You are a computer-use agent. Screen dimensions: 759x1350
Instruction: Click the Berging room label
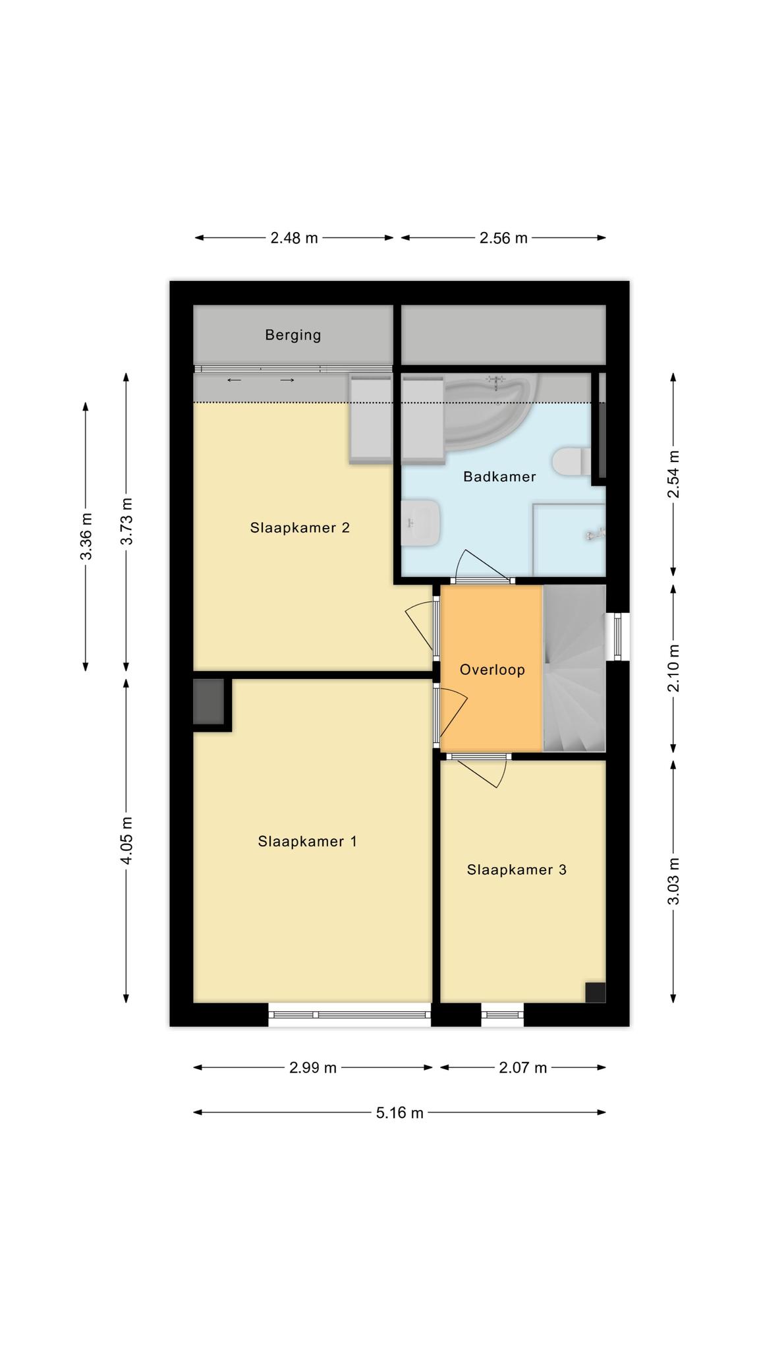pyautogui.click(x=293, y=335)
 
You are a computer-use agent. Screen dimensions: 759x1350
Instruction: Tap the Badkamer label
pyautogui.click(x=499, y=477)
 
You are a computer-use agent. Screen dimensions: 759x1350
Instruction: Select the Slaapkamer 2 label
pyautogui.click(x=300, y=528)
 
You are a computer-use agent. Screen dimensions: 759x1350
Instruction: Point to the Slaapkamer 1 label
pyautogui.click(x=308, y=842)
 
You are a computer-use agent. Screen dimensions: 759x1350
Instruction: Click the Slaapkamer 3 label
pyautogui.click(x=517, y=870)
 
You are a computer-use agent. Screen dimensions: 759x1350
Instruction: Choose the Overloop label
pyautogui.click(x=492, y=670)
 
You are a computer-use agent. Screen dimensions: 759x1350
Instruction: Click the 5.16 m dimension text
pyautogui.click(x=400, y=1113)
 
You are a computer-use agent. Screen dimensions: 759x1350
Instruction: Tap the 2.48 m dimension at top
pyautogui.click(x=294, y=238)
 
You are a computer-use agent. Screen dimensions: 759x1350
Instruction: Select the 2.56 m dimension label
pyautogui.click(x=503, y=238)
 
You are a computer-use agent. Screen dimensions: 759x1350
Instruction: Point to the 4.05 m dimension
pyautogui.click(x=126, y=840)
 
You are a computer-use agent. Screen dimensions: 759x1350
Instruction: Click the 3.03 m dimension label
pyautogui.click(x=673, y=881)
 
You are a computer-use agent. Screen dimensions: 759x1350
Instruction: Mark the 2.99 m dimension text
pyautogui.click(x=313, y=1068)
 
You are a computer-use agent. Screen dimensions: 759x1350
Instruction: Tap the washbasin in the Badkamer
pyautogui.click(x=420, y=523)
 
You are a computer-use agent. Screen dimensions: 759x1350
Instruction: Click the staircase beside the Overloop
pyautogui.click(x=574, y=668)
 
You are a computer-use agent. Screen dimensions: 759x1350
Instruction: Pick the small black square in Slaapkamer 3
pyautogui.click(x=595, y=992)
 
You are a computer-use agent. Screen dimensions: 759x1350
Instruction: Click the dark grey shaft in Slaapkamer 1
pyautogui.click(x=209, y=702)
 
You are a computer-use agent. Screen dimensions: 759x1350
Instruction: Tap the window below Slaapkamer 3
pyautogui.click(x=502, y=1014)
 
